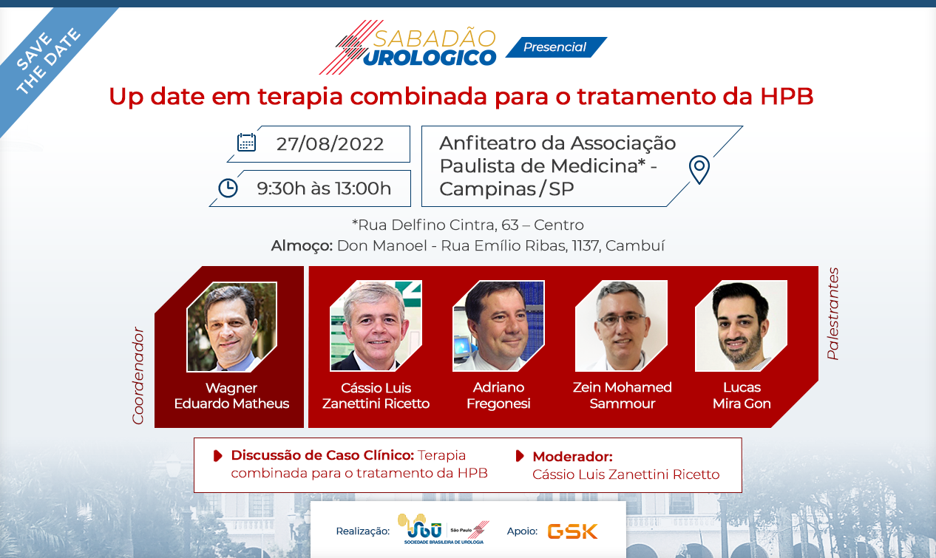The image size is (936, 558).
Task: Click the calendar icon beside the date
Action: pos(246,143)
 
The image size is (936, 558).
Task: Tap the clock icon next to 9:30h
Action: pos(228,188)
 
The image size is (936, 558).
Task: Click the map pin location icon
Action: pos(699,169)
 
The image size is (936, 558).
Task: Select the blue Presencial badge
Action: pos(556,47)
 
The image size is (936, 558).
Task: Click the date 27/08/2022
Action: pos(330,144)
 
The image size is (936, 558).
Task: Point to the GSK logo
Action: pos(572,531)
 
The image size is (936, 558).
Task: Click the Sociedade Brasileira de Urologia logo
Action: pos(443,529)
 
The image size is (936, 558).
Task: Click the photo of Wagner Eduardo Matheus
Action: pos(231,327)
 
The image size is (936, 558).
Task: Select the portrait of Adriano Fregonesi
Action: pos(498,326)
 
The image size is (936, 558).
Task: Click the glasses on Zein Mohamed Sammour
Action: pos(622,320)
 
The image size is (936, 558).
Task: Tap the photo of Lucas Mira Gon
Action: pos(741,326)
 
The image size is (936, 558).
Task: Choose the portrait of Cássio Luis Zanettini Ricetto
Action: pos(376,326)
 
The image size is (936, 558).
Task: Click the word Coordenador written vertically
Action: pos(138,376)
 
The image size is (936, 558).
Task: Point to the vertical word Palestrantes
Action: pos(832,313)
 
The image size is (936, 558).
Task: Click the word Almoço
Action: pos(302,246)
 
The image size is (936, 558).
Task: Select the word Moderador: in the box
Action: pos(572,457)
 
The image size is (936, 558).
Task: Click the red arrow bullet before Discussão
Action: pos(217,456)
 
